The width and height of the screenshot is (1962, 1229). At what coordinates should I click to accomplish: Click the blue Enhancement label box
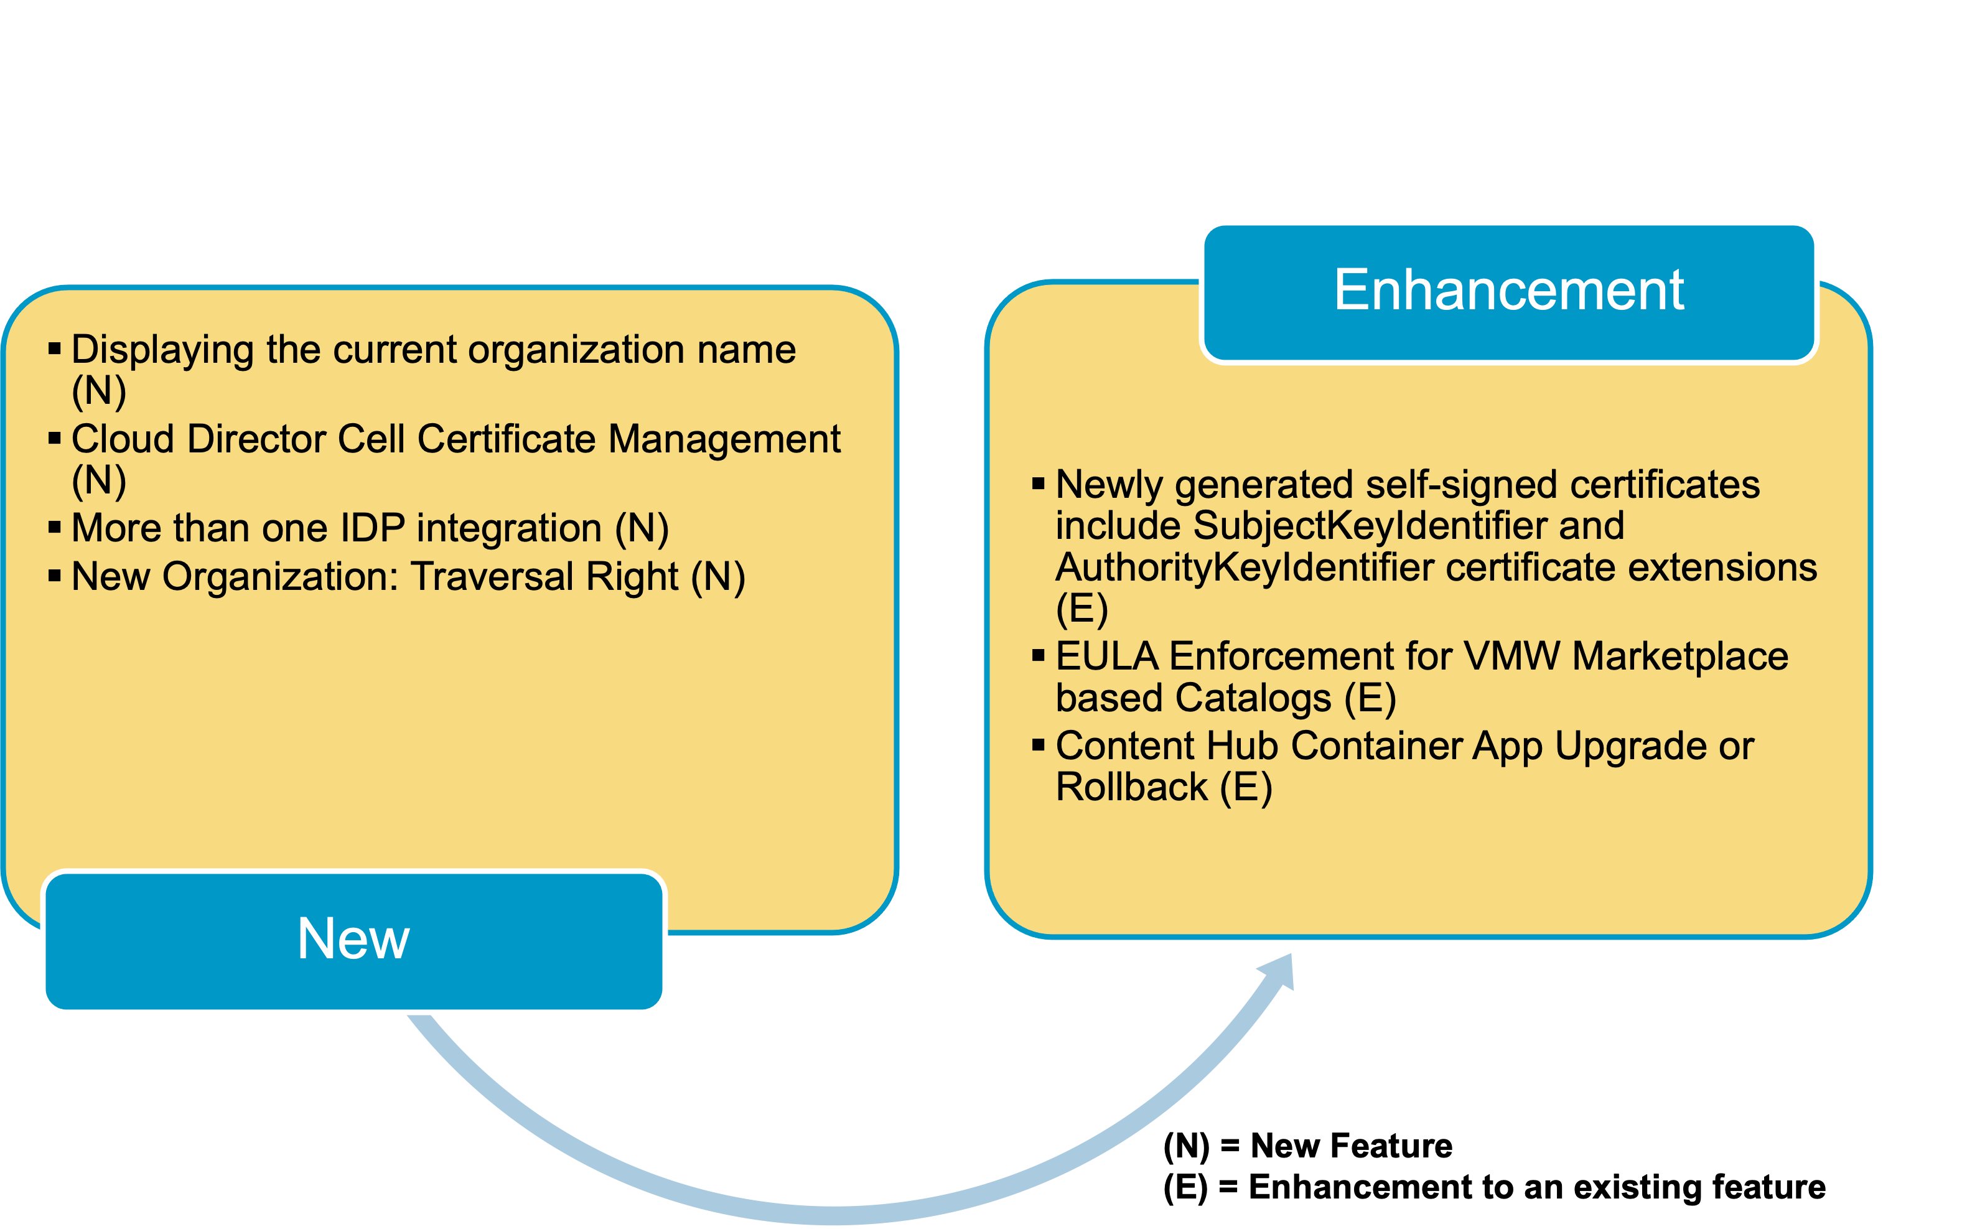1508,292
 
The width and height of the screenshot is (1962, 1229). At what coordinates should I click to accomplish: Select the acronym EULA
1106,656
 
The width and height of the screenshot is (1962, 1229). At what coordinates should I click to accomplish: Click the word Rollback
1131,787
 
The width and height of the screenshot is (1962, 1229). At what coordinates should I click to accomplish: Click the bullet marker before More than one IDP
55,528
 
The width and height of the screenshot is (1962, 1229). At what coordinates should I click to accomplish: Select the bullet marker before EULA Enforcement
1038,655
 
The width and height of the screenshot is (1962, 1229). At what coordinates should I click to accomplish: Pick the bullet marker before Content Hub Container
1038,744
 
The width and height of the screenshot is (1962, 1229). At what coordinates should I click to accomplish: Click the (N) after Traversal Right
717,577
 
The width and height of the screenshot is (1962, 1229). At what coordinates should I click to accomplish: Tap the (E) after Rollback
1245,787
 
